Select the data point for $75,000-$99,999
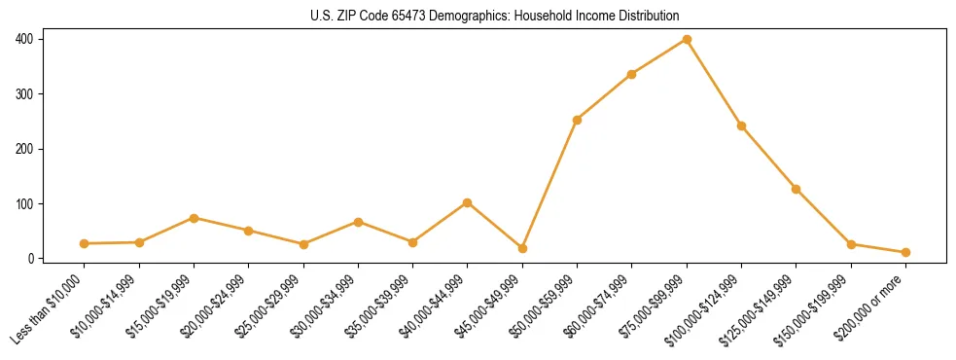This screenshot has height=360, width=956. point(687,39)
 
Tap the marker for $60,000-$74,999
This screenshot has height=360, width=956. point(632,74)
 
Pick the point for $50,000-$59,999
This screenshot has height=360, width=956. point(577,120)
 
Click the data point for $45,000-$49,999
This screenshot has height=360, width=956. point(522,248)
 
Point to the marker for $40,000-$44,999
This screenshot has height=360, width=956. point(468,202)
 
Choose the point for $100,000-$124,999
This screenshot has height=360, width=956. point(741,126)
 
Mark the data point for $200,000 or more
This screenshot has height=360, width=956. point(905,252)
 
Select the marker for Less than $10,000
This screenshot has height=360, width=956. point(85,243)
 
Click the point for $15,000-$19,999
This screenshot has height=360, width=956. point(194,218)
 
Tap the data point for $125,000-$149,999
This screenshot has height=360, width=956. point(796,189)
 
